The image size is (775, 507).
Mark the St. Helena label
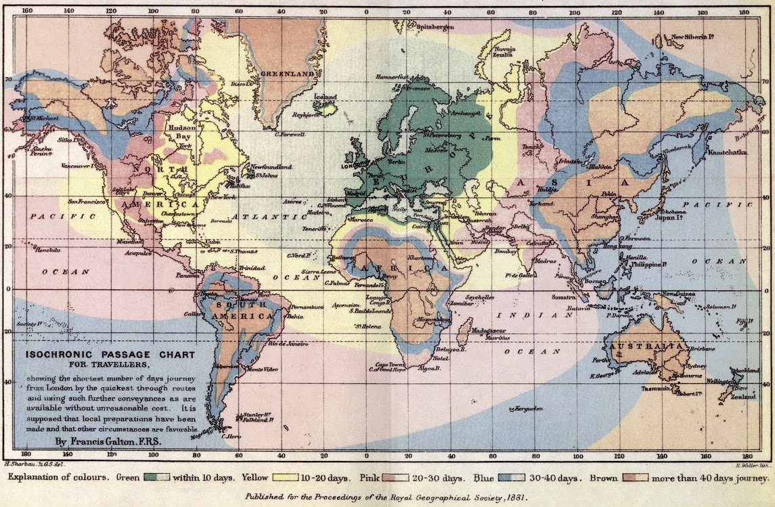366,326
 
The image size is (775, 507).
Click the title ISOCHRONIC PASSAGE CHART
110,355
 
